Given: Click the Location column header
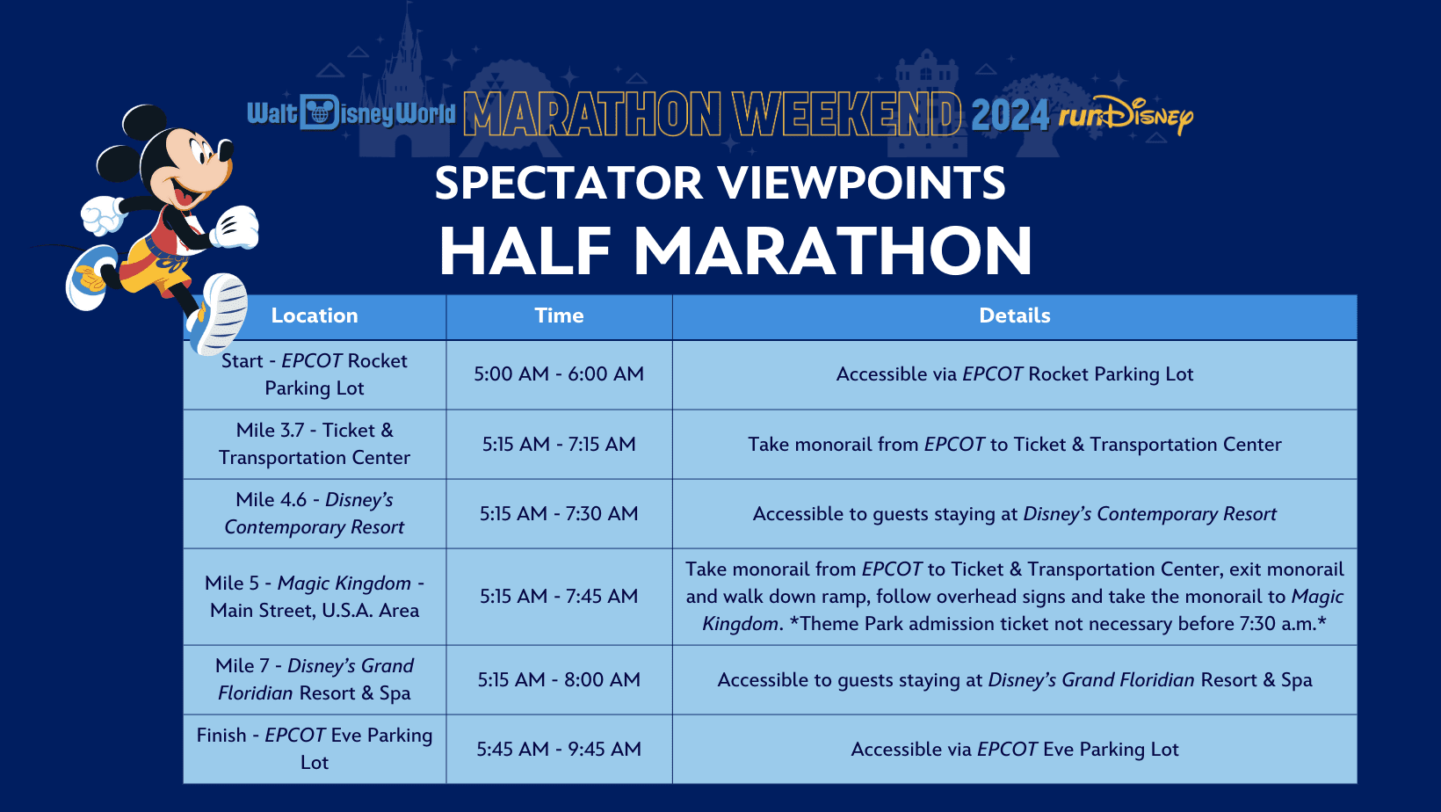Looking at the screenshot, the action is tap(314, 315).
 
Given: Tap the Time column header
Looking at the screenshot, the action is tap(559, 315).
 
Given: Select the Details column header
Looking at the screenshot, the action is tap(1015, 315).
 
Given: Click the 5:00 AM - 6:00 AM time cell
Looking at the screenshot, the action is tap(559, 373).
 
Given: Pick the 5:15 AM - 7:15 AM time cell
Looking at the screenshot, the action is tap(559, 444).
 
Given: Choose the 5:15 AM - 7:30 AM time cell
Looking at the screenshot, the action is tap(559, 513).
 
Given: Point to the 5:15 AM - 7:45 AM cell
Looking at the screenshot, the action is tap(559, 597).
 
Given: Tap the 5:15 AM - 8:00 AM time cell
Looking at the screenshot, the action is tap(559, 679).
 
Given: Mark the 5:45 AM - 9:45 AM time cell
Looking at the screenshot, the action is tap(559, 749).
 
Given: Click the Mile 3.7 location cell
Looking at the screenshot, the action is tap(314, 444).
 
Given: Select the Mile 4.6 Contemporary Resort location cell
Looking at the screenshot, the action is tap(314, 513).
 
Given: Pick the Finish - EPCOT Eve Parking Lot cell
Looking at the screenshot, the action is tap(314, 749).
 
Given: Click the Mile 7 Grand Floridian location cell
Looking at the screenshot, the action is tap(314, 679).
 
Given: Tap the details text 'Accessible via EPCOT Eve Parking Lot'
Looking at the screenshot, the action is tap(1015, 749).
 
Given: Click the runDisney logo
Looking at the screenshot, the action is tap(1126, 116).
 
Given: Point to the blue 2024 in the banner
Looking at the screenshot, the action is tap(1010, 115).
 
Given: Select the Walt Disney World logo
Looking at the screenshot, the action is tap(351, 113).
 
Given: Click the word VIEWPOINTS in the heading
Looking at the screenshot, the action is tap(862, 183).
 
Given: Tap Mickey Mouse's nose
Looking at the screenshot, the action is tap(225, 150).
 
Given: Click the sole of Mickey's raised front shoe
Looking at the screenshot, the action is tap(226, 314).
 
